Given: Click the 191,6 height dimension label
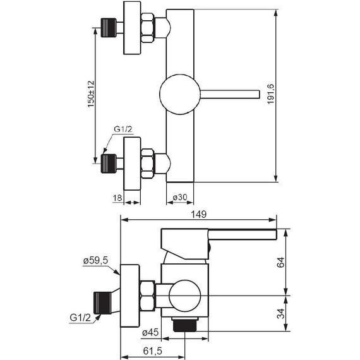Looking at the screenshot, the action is [271, 94].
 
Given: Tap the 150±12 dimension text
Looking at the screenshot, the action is [91, 94].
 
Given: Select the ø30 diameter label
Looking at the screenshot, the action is [180, 197].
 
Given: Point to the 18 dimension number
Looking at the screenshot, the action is [117, 198].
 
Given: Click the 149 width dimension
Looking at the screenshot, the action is [199, 214].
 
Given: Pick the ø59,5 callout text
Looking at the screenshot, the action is [95, 261].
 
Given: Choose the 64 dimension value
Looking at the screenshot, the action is [280, 262].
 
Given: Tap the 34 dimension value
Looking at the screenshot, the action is [280, 313].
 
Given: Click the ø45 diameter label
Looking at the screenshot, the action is [150, 332].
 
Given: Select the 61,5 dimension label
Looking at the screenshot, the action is [153, 351].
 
